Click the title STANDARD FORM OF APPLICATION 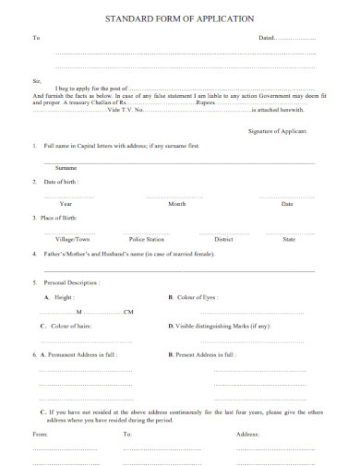pos(179,18)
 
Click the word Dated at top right pos(266,38)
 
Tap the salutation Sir pos(36,80)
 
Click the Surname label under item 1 pos(66,168)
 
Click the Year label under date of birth pos(66,203)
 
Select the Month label pos(177,203)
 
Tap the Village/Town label pos(73,238)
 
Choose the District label pos(223,238)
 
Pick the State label pos(289,238)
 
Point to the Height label pos(63,298)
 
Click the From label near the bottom pos(41,433)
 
